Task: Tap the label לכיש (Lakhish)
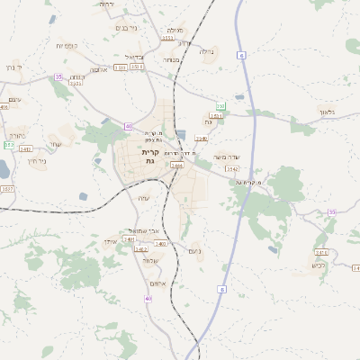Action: [318, 265]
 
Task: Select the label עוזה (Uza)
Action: [143, 198]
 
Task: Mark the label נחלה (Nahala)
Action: [206, 51]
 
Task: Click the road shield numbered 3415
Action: [321, 253]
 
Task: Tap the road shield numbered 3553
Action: [166, 40]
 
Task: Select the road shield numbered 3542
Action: [232, 168]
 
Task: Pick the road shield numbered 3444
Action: [176, 166]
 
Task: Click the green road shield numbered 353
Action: [220, 106]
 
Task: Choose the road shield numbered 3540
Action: [202, 138]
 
